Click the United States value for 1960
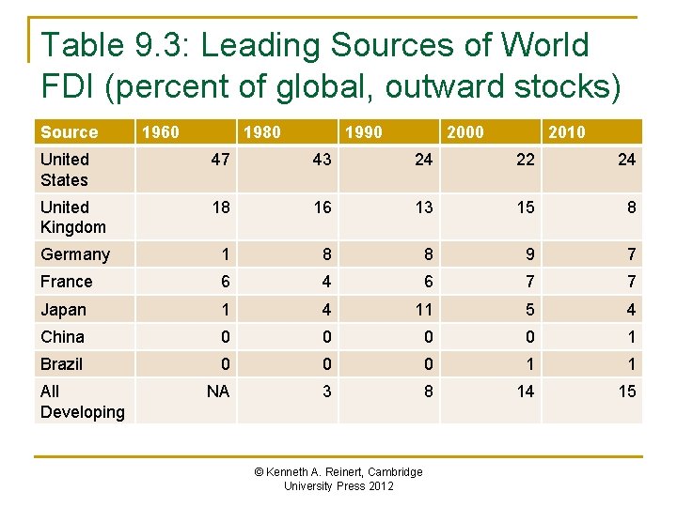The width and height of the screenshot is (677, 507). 220,160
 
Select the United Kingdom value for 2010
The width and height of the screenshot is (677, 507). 631,207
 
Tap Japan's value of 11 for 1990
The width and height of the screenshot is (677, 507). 423,309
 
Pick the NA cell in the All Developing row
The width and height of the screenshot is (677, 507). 218,392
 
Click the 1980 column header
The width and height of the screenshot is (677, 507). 261,132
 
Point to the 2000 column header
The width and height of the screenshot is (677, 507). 464,132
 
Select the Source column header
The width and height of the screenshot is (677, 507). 69,132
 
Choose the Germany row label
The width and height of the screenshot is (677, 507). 75,254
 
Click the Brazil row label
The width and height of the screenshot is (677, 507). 62,364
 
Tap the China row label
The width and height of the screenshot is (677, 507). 63,336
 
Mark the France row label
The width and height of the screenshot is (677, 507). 67,282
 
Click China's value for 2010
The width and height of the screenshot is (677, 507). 631,336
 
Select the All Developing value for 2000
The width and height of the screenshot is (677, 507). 526,392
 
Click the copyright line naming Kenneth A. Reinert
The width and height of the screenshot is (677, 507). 338,471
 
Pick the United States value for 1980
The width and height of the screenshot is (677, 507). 322,160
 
